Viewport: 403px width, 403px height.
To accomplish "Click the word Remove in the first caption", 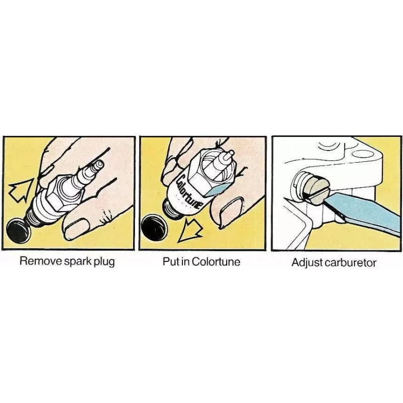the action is (41, 261).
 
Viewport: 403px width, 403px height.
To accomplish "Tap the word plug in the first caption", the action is (104, 262).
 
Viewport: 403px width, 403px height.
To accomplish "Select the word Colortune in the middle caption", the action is (216, 261).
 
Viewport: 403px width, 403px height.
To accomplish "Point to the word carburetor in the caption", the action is (350, 262).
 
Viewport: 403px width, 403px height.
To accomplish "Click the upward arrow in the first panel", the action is (21, 190).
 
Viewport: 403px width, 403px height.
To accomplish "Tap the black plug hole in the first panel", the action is (18, 231).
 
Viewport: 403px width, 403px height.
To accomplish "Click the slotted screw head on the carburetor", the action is (316, 190).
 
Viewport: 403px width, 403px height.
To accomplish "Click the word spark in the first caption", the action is (78, 262).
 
